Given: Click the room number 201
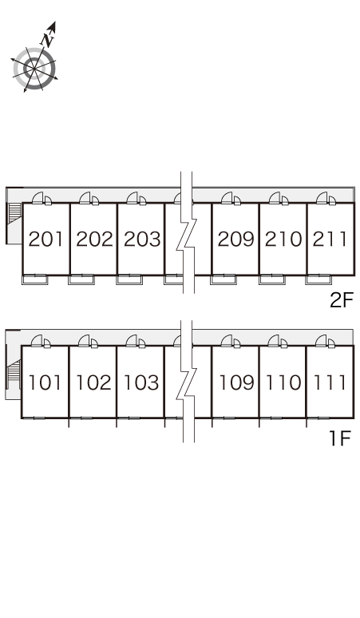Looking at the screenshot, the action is (x=45, y=240).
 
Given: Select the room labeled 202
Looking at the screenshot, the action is (x=94, y=240).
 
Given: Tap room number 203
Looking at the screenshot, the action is (x=142, y=240).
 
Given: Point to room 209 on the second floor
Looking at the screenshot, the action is (x=235, y=240).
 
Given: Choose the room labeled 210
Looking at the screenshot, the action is (x=283, y=240).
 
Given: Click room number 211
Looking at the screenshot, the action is (x=330, y=240).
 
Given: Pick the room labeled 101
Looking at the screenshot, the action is (x=45, y=382).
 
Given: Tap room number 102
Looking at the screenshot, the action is (x=93, y=382).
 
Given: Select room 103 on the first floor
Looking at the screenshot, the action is (x=141, y=382).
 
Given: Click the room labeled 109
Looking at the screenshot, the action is (x=236, y=382).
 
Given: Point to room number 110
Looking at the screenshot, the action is (x=283, y=382).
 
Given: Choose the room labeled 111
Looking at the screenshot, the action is (x=330, y=382).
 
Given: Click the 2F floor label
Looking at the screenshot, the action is (x=342, y=301).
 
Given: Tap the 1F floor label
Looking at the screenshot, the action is (x=340, y=438).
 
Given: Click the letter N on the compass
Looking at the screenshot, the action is (x=47, y=39).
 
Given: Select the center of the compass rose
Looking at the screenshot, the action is (x=34, y=69).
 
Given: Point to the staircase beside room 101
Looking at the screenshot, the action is (x=14, y=374).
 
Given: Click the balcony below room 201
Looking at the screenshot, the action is (x=34, y=279).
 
